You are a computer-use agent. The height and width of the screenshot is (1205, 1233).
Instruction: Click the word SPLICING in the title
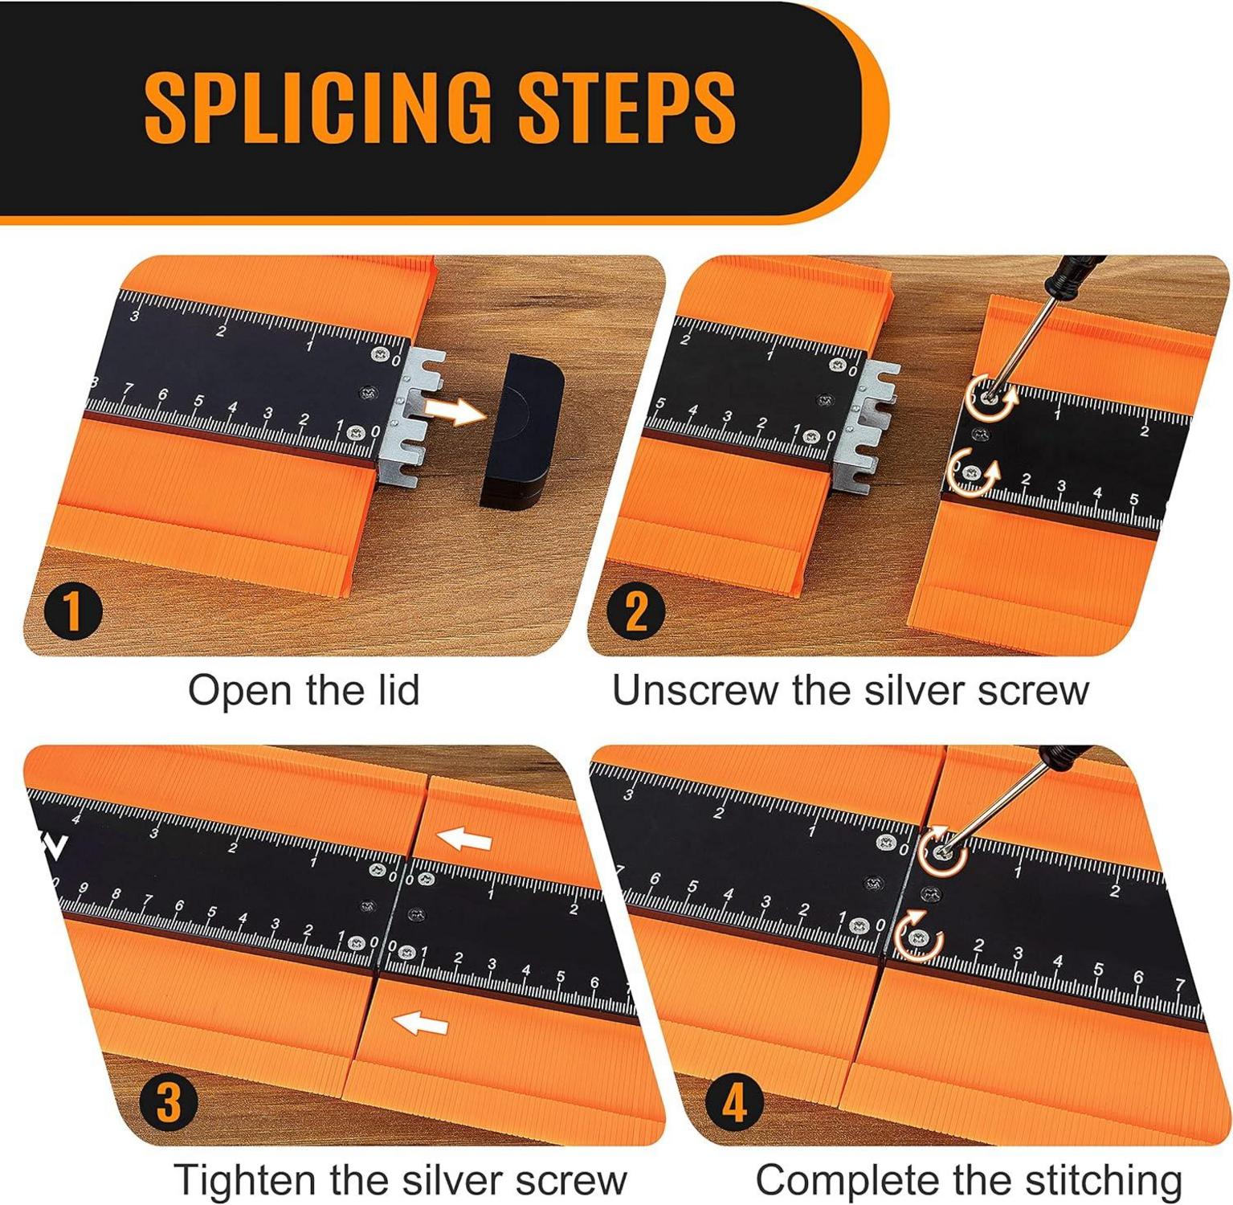(x=316, y=106)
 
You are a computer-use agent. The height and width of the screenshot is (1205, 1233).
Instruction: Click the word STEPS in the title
(x=627, y=106)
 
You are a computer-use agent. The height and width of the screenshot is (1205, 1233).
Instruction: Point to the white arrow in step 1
(x=454, y=410)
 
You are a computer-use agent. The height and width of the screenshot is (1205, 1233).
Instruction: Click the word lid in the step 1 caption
(x=392, y=690)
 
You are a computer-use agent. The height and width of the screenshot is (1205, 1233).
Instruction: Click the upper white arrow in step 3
(x=463, y=840)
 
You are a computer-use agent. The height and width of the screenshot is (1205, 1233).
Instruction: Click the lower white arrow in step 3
(x=420, y=1023)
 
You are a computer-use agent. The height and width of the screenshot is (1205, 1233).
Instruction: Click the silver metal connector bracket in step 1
(x=411, y=418)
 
